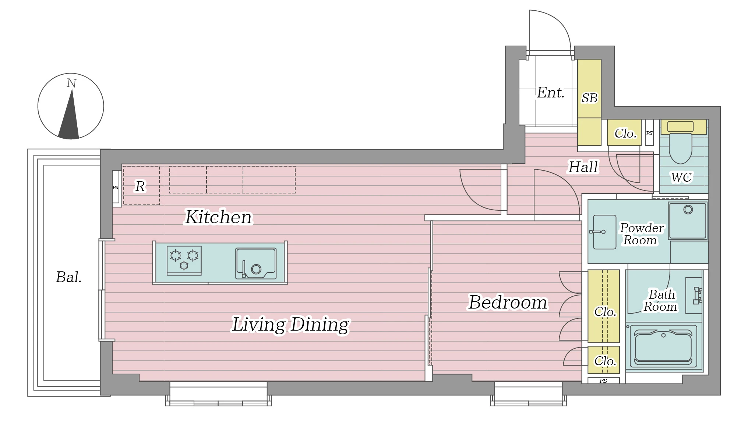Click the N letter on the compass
(71, 83)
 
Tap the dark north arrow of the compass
(70, 118)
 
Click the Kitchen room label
(219, 217)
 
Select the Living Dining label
(290, 324)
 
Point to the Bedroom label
(508, 302)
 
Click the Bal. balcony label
(69, 277)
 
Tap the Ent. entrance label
(551, 93)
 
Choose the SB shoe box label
(589, 98)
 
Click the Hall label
(583, 167)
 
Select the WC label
(681, 177)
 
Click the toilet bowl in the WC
(681, 148)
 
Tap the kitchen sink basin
(256, 264)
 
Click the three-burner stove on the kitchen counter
(184, 260)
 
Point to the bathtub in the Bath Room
(663, 346)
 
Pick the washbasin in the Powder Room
(604, 232)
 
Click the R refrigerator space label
(140, 186)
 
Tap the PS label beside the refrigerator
(116, 188)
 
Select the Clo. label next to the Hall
(625, 133)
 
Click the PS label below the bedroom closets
(603, 381)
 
